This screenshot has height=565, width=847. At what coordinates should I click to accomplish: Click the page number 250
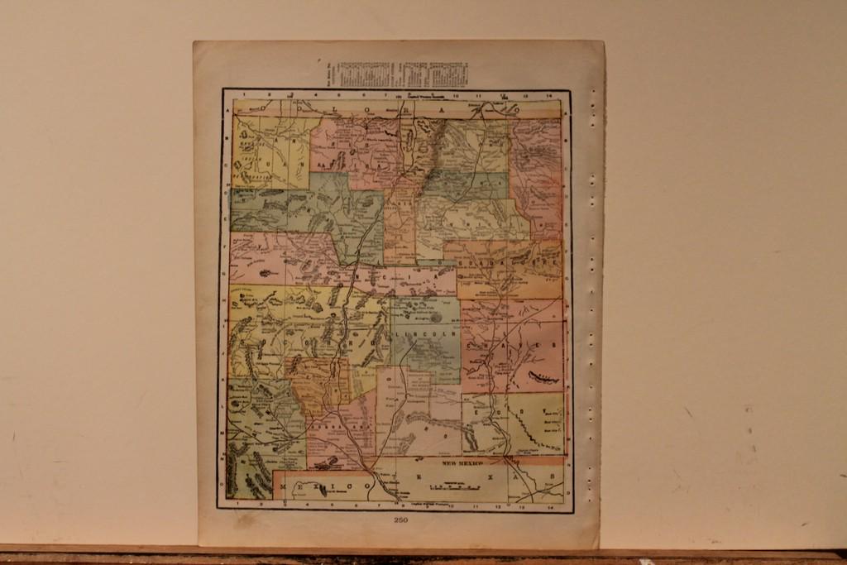(400, 520)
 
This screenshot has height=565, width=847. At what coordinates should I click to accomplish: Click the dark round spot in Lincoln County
(436, 316)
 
